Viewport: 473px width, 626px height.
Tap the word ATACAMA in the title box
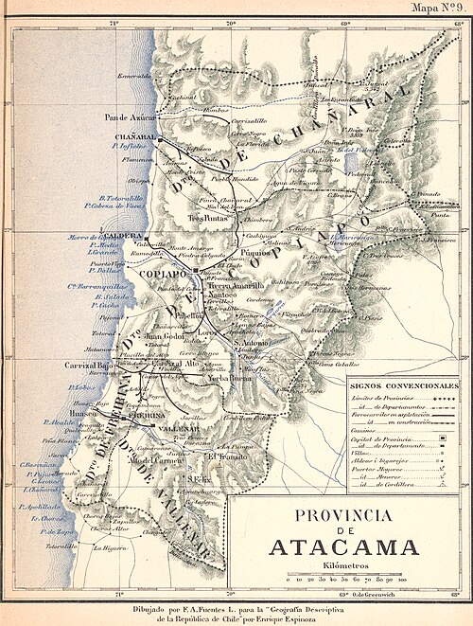[x=343, y=547]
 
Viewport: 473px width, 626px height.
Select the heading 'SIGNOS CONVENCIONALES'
[x=403, y=387]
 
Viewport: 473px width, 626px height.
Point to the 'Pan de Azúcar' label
[x=127, y=116]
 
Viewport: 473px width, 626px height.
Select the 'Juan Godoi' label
[x=163, y=335]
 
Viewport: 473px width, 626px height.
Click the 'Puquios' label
[x=254, y=255]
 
